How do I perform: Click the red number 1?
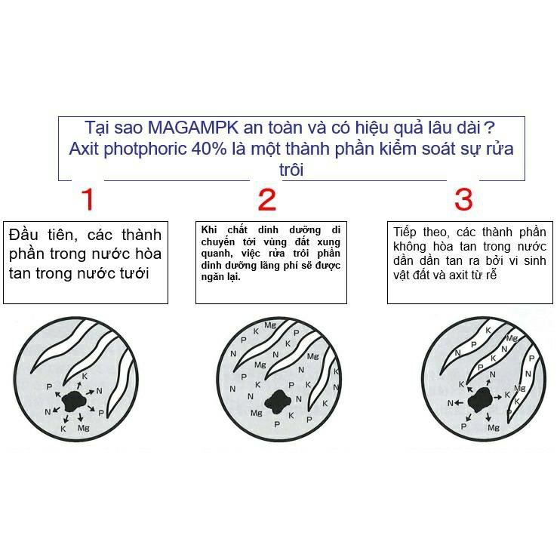pyautogui.click(x=88, y=199)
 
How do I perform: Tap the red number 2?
pyautogui.click(x=267, y=199)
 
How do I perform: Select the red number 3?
pyautogui.click(x=463, y=199)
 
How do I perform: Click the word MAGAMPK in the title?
pyautogui.click(x=193, y=128)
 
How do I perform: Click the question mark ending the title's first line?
pyautogui.click(x=490, y=128)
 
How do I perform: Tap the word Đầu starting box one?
pyautogui.click(x=23, y=234)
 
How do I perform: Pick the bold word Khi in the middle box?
pyautogui.click(x=209, y=229)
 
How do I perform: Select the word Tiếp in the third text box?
pyautogui.click(x=405, y=232)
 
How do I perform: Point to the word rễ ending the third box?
pyautogui.click(x=491, y=275)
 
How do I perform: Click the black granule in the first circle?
pyautogui.click(x=74, y=402)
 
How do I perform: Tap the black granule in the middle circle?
pyautogui.click(x=278, y=402)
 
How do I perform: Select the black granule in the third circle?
pyautogui.click(x=480, y=400)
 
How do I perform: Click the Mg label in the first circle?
pyautogui.click(x=84, y=428)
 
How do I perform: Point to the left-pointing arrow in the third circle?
pyautogui.click(x=459, y=403)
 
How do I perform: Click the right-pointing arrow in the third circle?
pyautogui.click(x=497, y=397)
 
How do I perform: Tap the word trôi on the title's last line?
pyautogui.click(x=291, y=170)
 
